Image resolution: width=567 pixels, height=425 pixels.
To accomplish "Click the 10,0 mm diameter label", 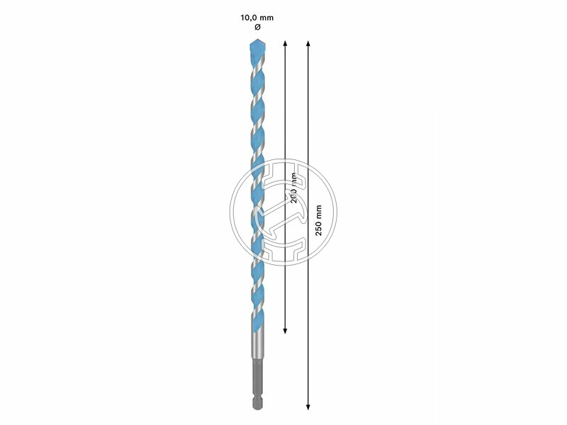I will [257, 16].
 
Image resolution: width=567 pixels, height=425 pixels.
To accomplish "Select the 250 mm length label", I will [319, 220].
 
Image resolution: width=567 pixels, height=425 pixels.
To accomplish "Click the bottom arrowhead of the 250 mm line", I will [308, 407].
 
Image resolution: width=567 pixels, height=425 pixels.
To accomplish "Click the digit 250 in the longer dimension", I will [319, 229].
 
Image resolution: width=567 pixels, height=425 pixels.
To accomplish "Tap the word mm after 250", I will [319, 211].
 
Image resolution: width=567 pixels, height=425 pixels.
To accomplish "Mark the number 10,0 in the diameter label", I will [249, 16].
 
